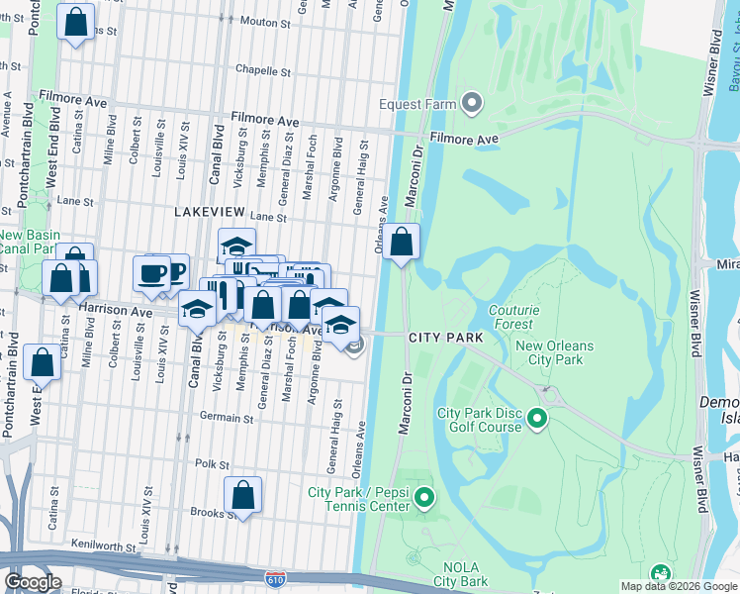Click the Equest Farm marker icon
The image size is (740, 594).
tap(472, 130)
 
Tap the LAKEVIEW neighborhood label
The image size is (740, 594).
tap(210, 213)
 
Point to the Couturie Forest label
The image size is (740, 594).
tap(514, 317)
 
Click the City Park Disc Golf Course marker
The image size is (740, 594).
tap(537, 419)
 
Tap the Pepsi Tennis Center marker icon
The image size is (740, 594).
tap(424, 498)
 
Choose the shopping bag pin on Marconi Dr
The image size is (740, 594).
tap(402, 243)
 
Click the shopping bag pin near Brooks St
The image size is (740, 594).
tap(242, 497)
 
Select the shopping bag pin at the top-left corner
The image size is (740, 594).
tap(75, 22)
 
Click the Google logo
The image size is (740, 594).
tap(33, 582)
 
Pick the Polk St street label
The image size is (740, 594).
tap(212, 464)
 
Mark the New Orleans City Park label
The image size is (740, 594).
tap(554, 352)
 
